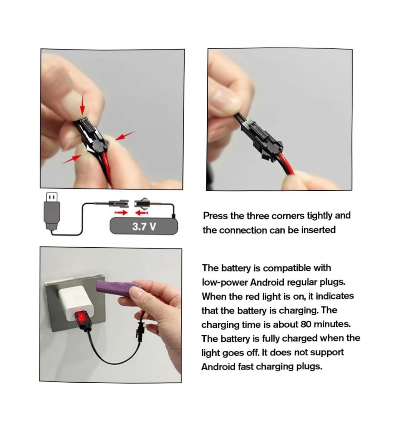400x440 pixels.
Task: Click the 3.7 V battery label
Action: point(144,226)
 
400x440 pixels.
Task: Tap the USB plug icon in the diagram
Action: point(52,211)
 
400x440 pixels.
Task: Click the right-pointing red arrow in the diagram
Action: point(121,213)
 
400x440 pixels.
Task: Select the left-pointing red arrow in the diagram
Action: point(142,213)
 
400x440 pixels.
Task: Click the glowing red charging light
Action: point(82,317)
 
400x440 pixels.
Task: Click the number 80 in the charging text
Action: point(306,324)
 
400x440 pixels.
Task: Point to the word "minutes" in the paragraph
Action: point(332,324)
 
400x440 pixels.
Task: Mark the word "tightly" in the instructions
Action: point(319,216)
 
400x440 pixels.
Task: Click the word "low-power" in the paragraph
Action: point(224,282)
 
